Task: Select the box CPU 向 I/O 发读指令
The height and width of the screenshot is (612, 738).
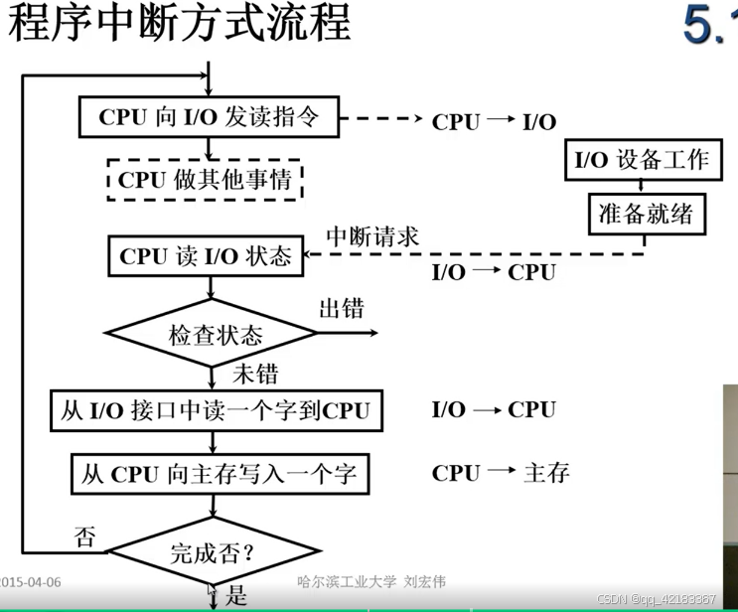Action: click(x=210, y=116)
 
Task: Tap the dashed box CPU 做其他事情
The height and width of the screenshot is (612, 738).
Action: click(x=205, y=180)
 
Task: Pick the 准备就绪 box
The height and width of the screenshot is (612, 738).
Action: click(x=646, y=213)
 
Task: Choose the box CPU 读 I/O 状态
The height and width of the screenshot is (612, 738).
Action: click(x=206, y=255)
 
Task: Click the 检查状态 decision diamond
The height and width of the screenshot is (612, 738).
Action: click(x=215, y=334)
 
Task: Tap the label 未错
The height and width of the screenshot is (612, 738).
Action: click(x=254, y=376)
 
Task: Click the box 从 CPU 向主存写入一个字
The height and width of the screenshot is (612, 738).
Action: click(x=215, y=472)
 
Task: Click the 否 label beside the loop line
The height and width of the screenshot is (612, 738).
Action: click(x=85, y=538)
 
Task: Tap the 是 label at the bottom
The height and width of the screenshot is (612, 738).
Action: click(x=236, y=596)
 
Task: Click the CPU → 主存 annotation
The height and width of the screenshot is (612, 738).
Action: click(x=501, y=473)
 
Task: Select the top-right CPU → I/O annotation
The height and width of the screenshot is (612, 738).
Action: click(x=494, y=122)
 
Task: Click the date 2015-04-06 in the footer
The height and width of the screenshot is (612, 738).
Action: click(x=31, y=582)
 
